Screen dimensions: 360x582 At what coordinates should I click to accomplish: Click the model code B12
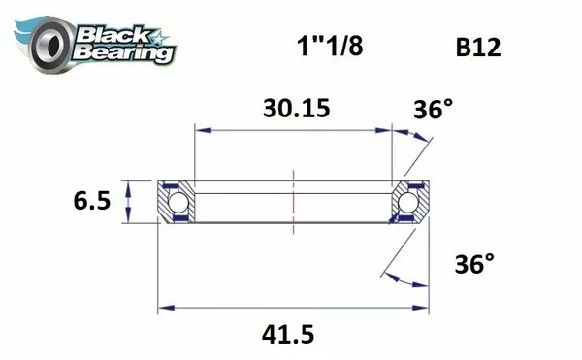(476, 49)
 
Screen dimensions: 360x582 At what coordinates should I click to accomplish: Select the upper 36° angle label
(434, 111)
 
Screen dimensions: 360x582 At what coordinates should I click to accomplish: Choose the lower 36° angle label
(474, 264)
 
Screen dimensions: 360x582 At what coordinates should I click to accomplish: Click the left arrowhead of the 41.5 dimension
(166, 308)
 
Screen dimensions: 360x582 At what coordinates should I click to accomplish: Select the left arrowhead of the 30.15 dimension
(202, 126)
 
